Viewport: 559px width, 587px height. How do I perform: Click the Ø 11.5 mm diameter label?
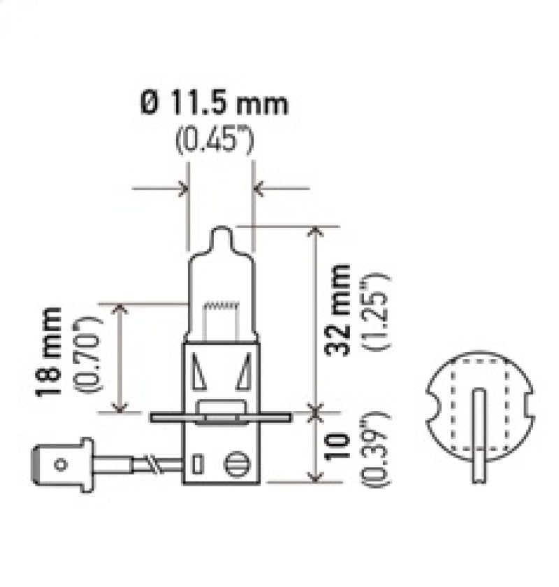click(x=214, y=105)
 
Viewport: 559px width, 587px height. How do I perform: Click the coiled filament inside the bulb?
click(x=221, y=306)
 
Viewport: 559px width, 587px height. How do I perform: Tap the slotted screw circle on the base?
click(x=237, y=463)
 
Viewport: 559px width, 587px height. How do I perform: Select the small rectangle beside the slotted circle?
click(x=198, y=463)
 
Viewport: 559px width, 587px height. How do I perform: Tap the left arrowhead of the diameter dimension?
click(x=183, y=187)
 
